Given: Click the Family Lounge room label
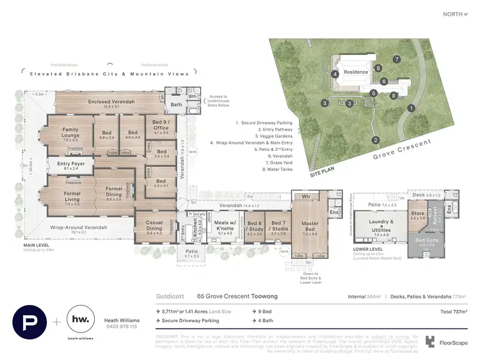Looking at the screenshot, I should tap(70, 132).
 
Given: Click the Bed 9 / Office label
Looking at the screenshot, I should tap(161, 125).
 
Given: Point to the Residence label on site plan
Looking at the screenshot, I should tap(356, 72).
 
